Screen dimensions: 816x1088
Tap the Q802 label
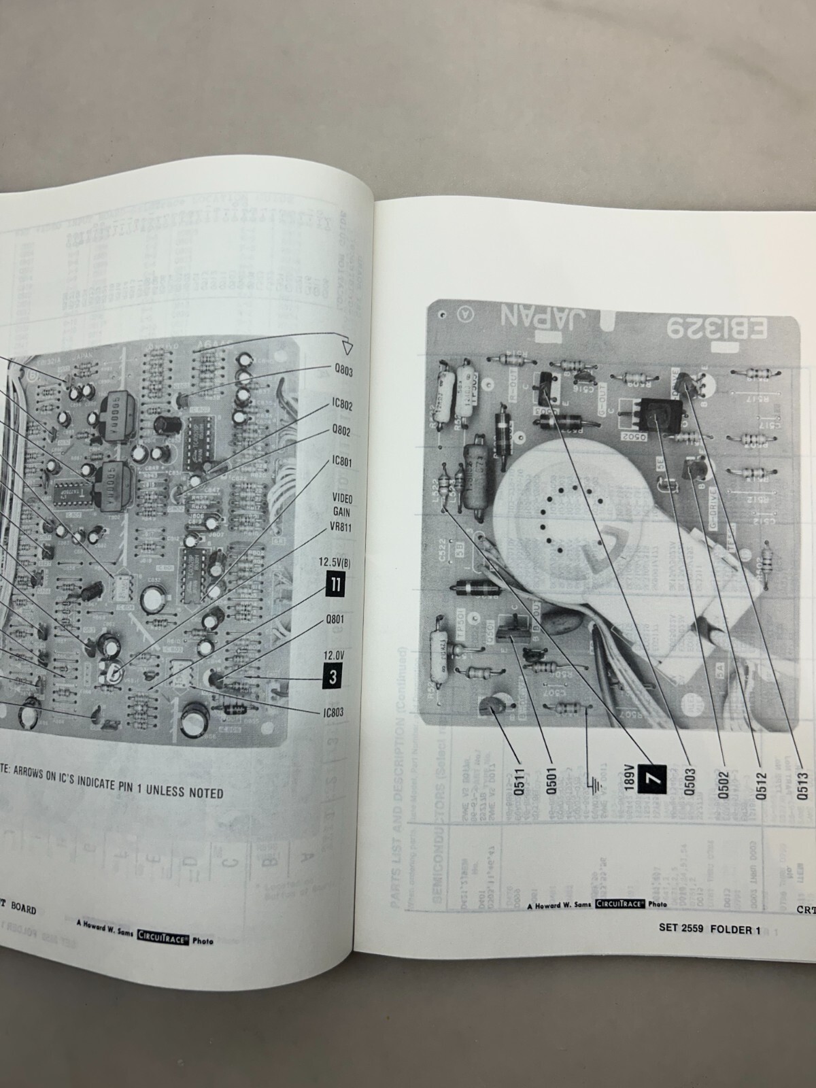click(341, 431)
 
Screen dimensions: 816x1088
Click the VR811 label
click(341, 526)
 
